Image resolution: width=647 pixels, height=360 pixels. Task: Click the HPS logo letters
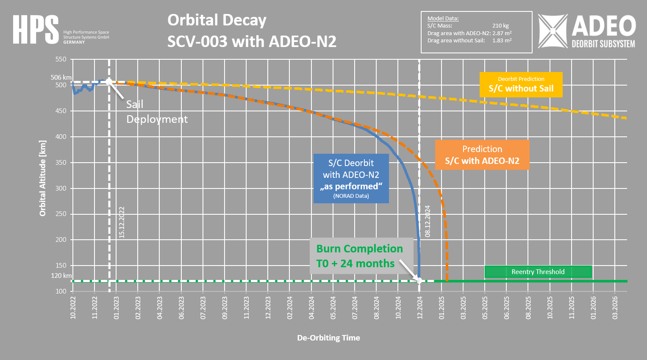pyautogui.click(x=36, y=30)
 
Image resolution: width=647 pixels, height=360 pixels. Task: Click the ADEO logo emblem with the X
pyautogui.click(x=553, y=31)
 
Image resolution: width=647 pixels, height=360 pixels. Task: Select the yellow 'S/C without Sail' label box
pyautogui.click(x=521, y=85)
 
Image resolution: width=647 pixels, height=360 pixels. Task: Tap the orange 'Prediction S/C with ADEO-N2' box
pyautogui.click(x=482, y=155)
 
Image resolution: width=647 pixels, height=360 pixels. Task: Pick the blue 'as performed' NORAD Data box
pyautogui.click(x=351, y=179)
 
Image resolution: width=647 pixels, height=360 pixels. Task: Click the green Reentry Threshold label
pyautogui.click(x=538, y=272)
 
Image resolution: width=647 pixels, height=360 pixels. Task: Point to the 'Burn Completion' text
pyautogui.click(x=359, y=249)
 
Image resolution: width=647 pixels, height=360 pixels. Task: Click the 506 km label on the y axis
pyautogui.click(x=61, y=78)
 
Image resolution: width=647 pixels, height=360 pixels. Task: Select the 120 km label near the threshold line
pyautogui.click(x=61, y=276)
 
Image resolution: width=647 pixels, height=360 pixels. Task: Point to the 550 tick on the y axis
pyautogui.click(x=61, y=59)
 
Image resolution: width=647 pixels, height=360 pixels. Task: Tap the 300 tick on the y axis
pyautogui.click(x=61, y=188)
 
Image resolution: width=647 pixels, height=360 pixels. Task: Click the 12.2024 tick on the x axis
pyautogui.click(x=420, y=307)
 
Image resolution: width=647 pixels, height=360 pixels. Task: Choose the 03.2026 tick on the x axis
pyautogui.click(x=615, y=307)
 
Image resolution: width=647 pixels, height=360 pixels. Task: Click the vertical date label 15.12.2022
pyautogui.click(x=122, y=222)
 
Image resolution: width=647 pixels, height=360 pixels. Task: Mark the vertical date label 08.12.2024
pyautogui.click(x=428, y=221)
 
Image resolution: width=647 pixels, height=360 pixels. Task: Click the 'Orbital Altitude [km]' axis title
pyautogui.click(x=43, y=178)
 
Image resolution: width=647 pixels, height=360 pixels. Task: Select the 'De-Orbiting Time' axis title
pyautogui.click(x=328, y=338)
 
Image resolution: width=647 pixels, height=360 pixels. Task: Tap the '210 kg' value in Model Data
pyautogui.click(x=500, y=26)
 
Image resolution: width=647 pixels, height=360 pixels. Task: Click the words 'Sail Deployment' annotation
pyautogui.click(x=156, y=112)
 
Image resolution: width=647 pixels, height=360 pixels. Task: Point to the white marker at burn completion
pyautogui.click(x=419, y=280)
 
